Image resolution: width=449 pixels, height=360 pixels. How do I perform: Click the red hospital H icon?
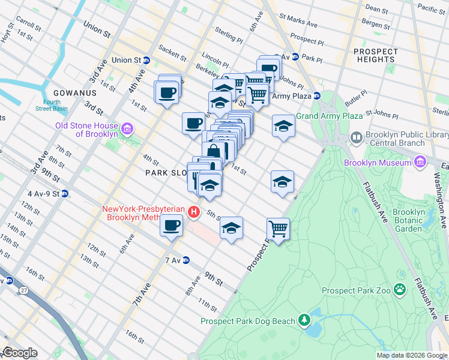point(194,212)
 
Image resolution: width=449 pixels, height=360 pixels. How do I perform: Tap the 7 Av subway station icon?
point(186,260)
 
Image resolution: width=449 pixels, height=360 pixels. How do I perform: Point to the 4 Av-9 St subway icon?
point(65,194)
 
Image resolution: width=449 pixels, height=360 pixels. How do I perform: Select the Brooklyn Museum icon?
point(419,162)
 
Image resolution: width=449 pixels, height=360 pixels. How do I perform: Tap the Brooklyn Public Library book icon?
point(357,138)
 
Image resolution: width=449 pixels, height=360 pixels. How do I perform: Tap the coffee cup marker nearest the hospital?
point(172,226)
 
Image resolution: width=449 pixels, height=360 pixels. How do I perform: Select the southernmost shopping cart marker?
point(278,229)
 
